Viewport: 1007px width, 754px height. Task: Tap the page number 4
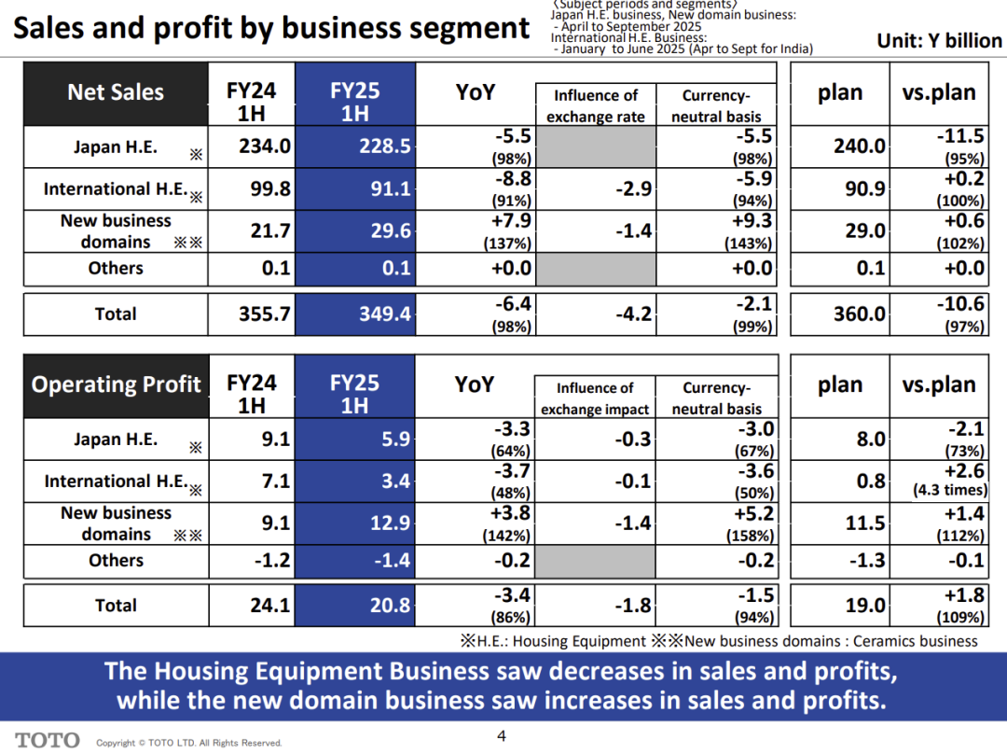[502, 736]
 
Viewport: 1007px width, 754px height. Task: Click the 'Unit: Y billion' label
[939, 40]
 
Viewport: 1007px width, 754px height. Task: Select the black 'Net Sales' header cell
[115, 92]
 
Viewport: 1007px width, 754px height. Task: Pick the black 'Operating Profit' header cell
[115, 384]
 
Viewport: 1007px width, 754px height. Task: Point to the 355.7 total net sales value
[265, 314]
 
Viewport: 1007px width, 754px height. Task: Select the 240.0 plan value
[859, 147]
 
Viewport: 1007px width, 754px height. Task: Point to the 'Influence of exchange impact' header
[595, 398]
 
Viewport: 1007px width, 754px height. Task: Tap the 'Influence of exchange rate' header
[596, 105]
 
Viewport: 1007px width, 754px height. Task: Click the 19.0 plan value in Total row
[864, 606]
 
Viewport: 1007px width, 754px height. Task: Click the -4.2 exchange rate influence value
[633, 314]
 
